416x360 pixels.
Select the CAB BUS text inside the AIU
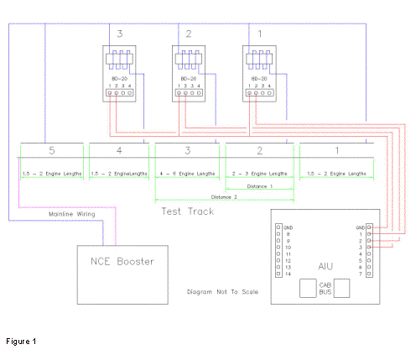click(x=326, y=288)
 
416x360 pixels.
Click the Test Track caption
click(x=187, y=211)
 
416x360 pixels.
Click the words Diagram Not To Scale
click(x=221, y=294)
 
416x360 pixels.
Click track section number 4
click(x=119, y=152)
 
